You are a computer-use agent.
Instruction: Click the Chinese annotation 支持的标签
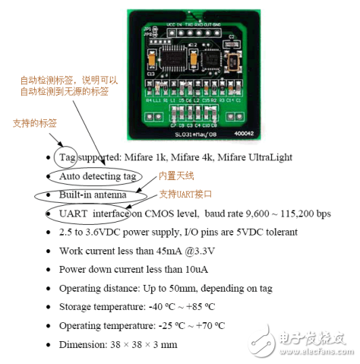click(x=33, y=123)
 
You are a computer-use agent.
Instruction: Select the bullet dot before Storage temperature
click(x=50, y=307)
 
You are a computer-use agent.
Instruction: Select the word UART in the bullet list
click(x=73, y=214)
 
